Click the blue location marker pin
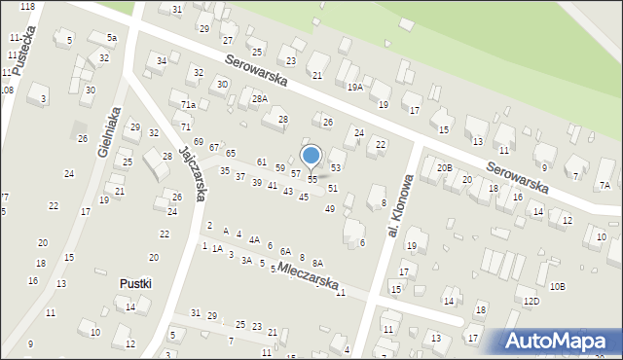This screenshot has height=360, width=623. click(311, 156)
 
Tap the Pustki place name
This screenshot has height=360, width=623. click(134, 283)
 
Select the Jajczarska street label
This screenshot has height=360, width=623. click(192, 173)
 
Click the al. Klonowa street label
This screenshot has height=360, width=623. click(401, 205)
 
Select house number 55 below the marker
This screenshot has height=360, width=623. click(311, 180)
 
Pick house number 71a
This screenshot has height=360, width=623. click(189, 105)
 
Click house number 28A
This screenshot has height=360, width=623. click(259, 99)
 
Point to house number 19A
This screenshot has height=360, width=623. click(355, 87)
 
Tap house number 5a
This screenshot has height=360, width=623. click(112, 37)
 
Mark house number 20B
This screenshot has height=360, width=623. click(444, 168)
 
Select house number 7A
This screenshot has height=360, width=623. click(605, 185)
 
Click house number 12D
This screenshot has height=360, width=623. click(531, 302)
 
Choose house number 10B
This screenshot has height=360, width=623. click(557, 286)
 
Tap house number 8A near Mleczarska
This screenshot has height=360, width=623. click(317, 263)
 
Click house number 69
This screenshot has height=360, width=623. click(198, 142)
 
